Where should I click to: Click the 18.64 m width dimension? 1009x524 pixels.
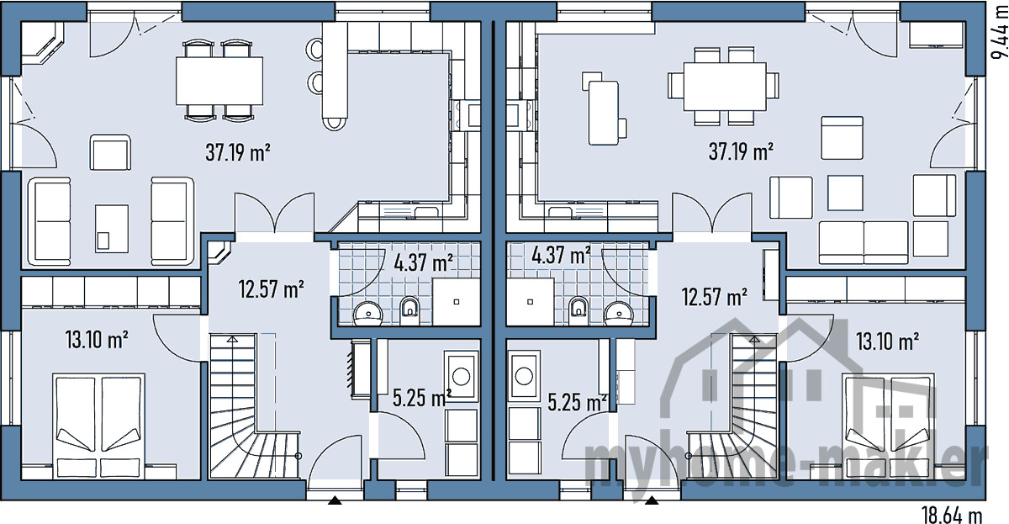952,515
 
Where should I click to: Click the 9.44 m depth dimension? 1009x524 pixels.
999,34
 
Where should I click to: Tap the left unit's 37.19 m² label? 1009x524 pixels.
238,152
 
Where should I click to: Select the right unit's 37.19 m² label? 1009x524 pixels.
741,151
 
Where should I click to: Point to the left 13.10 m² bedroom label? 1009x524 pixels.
97,340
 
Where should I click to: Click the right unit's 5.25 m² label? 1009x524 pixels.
578,402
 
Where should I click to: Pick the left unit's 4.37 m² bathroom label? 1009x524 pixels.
424,263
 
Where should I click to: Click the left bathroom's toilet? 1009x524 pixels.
409,310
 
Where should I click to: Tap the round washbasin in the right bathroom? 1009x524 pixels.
619,313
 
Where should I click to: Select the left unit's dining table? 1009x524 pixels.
219,81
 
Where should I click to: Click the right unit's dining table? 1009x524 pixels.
725,87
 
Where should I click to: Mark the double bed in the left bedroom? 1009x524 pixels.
98,426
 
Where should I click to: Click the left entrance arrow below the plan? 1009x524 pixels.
335,500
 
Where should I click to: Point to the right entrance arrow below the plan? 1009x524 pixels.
652,500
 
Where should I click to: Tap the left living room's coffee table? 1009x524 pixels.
112,229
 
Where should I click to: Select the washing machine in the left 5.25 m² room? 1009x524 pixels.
461,377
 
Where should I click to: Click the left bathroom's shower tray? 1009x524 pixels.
457,302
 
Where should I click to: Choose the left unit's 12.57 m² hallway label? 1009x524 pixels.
271,289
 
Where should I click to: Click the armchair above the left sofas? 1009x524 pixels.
110,152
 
